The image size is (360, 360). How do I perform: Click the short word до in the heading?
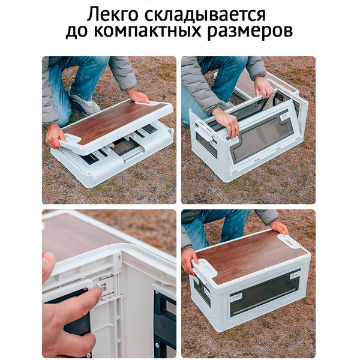pyautogui.click(x=78, y=32)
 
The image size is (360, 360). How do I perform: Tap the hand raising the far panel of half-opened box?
pyautogui.click(x=264, y=87)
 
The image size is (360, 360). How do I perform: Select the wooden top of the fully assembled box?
pyautogui.click(x=249, y=255)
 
